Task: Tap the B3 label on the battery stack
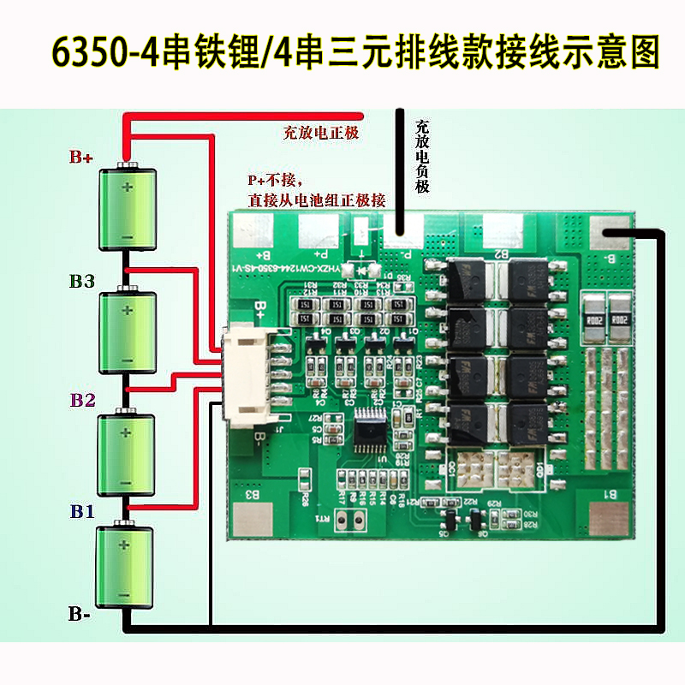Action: (83, 281)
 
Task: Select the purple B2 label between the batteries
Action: (84, 399)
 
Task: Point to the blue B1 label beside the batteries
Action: (82, 512)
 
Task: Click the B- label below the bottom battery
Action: (81, 613)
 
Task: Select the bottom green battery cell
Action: (126, 568)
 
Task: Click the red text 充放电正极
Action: (320, 133)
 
